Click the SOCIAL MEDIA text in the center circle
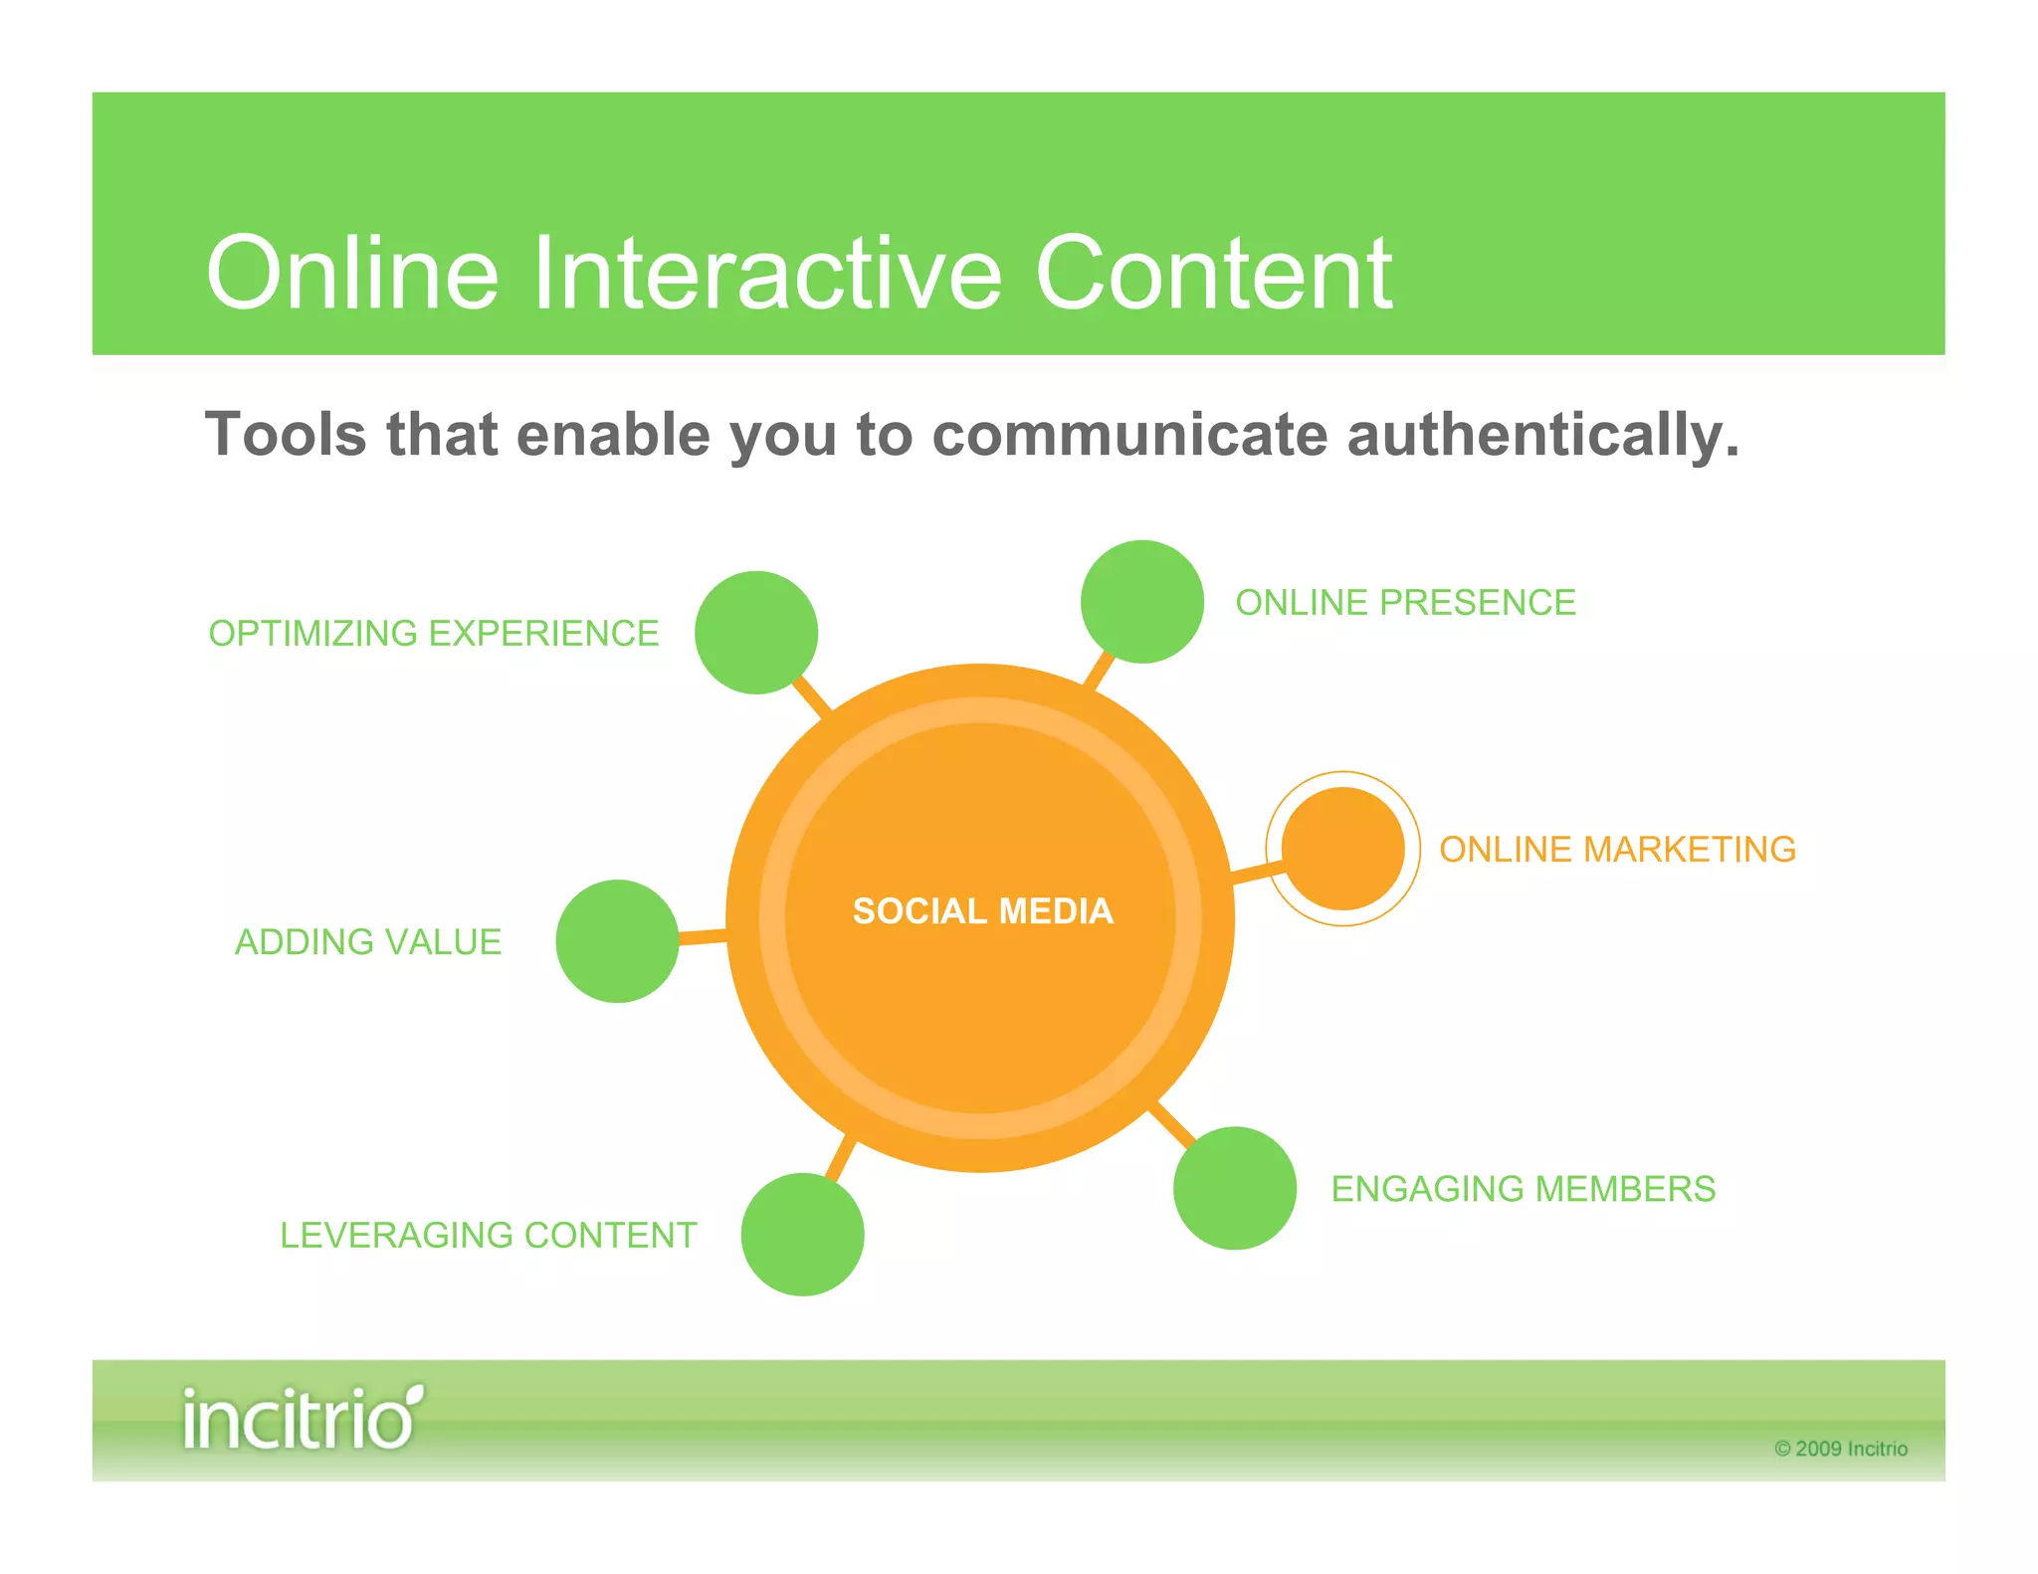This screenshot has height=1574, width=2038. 982,910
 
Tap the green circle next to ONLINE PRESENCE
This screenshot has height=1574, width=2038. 1141,602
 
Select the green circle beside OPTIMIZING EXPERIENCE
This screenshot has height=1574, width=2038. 756,633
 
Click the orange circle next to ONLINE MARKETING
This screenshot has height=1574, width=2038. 1342,849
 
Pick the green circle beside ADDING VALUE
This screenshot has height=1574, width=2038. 617,941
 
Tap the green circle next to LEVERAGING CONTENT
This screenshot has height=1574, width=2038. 802,1234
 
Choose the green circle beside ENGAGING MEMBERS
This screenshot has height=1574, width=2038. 1234,1188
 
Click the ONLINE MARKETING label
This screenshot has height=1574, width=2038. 1617,850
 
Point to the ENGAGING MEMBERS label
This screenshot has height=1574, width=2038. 1523,1189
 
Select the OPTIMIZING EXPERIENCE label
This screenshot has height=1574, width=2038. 434,634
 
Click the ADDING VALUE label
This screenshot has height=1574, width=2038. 368,942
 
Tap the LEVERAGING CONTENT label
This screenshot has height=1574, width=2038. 488,1236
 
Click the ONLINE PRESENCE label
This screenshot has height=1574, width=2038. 1405,603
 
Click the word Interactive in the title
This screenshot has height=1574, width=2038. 766,274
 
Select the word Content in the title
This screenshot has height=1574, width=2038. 1213,274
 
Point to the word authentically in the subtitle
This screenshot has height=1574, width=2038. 1541,436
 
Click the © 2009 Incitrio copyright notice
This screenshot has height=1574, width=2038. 1841,1449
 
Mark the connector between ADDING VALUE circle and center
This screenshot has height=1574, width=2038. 703,936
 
